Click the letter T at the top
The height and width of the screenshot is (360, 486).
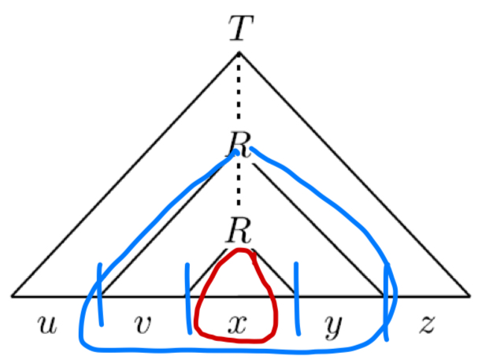(x=239, y=29)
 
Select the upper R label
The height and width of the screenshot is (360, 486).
(x=238, y=143)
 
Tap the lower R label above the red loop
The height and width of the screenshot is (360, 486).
(x=238, y=232)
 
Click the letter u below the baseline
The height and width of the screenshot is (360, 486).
(x=48, y=323)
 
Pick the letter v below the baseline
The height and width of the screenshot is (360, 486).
(x=143, y=323)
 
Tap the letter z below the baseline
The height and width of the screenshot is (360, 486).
(x=427, y=323)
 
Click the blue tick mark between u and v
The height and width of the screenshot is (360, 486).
(x=100, y=293)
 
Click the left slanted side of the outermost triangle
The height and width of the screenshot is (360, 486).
(x=126, y=173)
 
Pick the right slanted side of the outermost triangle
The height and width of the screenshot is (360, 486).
(x=354, y=173)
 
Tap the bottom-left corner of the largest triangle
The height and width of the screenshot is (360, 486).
(x=13, y=296)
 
